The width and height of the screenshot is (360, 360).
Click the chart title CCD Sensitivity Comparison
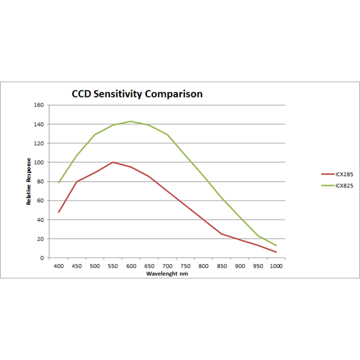click(137, 94)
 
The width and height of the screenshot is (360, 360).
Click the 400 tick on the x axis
click(58, 265)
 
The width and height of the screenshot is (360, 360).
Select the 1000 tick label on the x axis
click(276, 265)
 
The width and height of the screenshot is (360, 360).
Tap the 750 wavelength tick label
click(185, 265)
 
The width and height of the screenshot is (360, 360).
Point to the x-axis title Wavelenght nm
click(167, 274)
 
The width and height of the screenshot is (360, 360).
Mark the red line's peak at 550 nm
click(113, 162)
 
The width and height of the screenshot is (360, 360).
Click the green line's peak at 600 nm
click(131, 121)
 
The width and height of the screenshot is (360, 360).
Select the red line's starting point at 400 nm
click(58, 212)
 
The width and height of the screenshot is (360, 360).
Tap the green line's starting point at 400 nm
click(58, 182)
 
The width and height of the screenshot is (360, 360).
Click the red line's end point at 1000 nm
click(276, 252)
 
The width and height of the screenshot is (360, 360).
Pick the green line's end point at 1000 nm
click(276, 245)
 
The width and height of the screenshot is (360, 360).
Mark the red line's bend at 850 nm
click(221, 234)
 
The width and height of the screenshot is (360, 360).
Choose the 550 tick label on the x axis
click(113, 265)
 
